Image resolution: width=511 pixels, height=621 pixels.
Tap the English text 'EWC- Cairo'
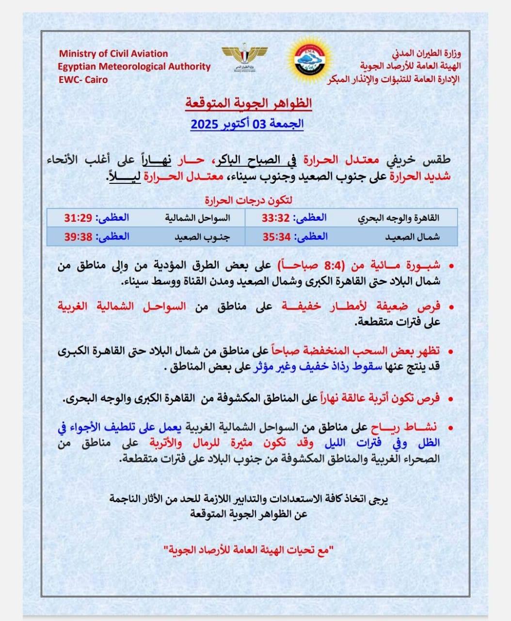83,80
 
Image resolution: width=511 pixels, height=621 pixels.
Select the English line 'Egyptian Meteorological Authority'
134,66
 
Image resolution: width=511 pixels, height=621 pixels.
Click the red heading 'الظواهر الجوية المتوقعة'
248,103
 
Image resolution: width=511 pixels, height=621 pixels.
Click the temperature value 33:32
275,218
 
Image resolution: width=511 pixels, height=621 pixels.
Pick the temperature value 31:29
78,218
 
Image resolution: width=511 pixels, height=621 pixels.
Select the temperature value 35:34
275,237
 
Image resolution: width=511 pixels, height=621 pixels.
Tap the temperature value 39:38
78,237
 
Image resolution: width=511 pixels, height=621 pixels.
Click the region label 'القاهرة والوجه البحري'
399,218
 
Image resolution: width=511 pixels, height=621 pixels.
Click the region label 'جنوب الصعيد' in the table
202,237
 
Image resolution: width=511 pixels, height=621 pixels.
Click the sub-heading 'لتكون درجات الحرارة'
248,200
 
